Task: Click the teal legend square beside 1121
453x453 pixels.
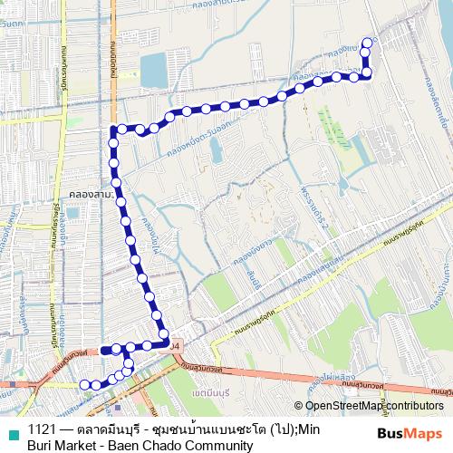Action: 12,429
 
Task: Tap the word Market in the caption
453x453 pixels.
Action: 79,446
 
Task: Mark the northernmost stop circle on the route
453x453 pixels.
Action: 367,42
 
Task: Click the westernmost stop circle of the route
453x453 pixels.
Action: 84,384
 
